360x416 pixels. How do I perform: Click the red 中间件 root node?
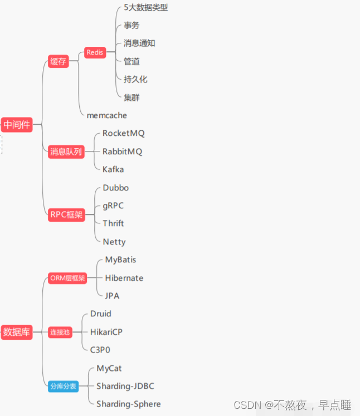pyautogui.click(x=16, y=125)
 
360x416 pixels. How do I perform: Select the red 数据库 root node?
pyautogui.click(x=16, y=332)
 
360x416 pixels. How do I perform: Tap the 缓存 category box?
pyautogui.click(x=58, y=62)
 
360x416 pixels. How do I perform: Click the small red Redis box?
pyautogui.click(x=95, y=53)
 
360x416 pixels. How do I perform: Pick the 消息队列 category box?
pyautogui.click(x=66, y=151)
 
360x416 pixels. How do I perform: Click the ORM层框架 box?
pyautogui.click(x=67, y=278)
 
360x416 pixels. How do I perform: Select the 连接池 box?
pyautogui.click(x=60, y=332)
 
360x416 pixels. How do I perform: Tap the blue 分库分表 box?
pyautogui.click(x=62, y=386)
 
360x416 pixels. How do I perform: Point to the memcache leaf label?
pyautogui.click(x=106, y=115)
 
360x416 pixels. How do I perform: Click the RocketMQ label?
pyautogui.click(x=123, y=134)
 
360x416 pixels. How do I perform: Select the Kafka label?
pyautogui.click(x=113, y=169)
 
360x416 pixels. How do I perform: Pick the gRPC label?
pyautogui.click(x=113, y=205)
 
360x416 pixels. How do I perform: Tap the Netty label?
pyautogui.click(x=114, y=242)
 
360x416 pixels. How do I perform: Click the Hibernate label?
pyautogui.click(x=124, y=278)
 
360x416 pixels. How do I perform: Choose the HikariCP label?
pyautogui.click(x=106, y=332)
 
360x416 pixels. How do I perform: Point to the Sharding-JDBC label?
pyautogui.click(x=125, y=386)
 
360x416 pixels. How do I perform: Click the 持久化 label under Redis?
pyautogui.click(x=135, y=79)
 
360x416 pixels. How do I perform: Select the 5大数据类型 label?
pyautogui.click(x=145, y=8)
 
